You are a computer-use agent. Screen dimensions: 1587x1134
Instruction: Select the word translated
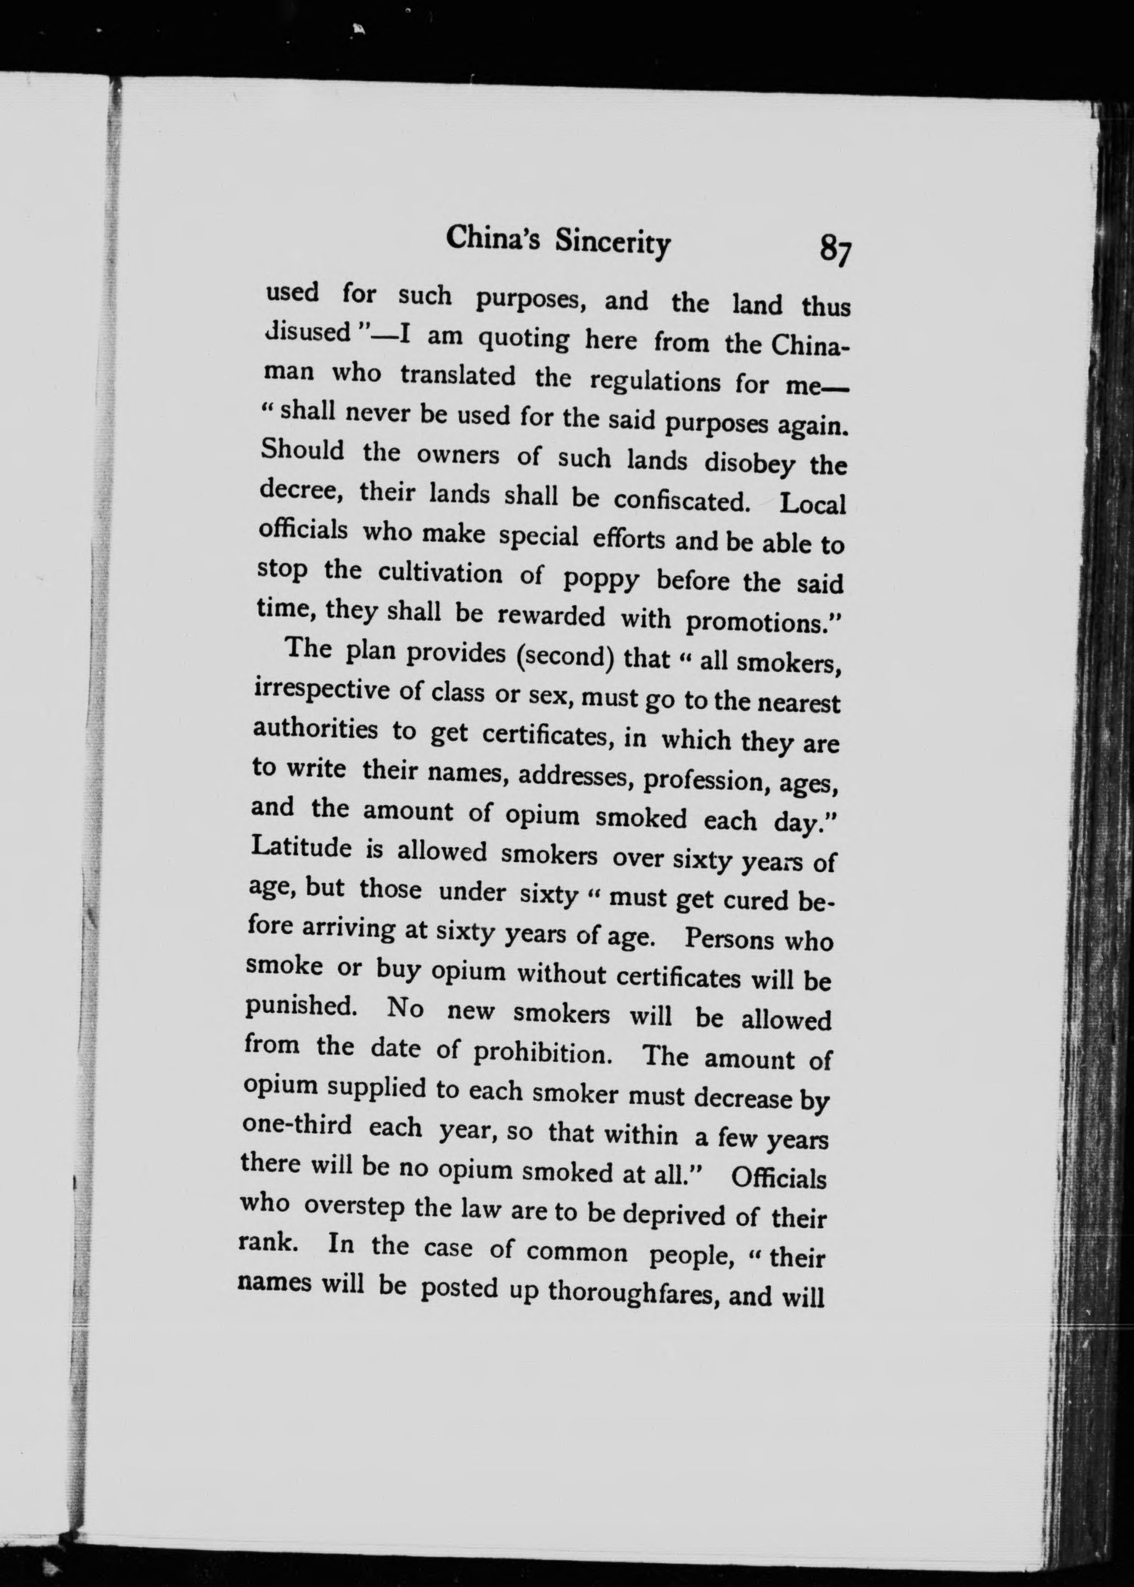(457, 375)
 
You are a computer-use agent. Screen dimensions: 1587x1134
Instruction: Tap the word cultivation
(440, 573)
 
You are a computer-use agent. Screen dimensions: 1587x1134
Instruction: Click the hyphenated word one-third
(295, 1126)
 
